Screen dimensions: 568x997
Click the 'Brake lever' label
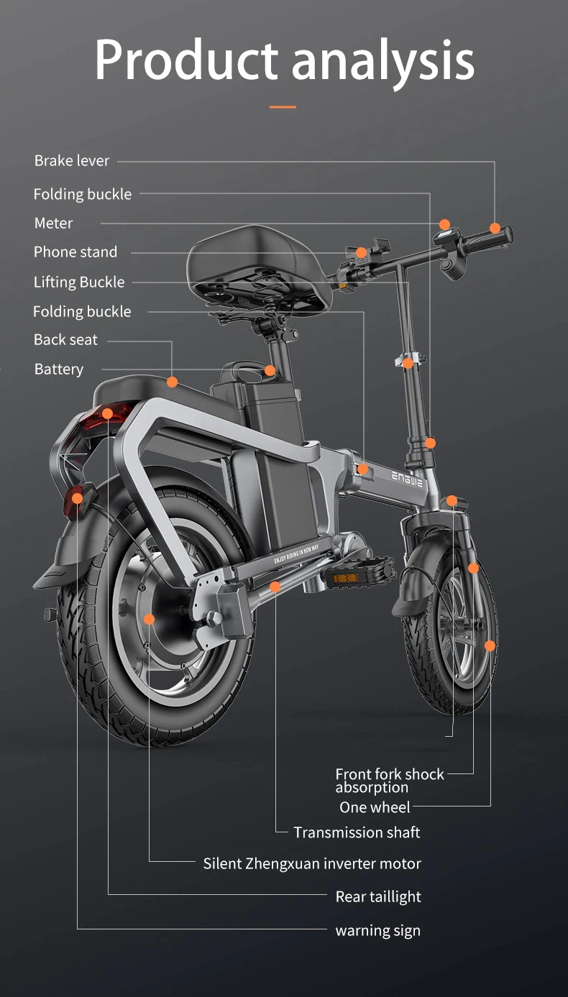click(72, 161)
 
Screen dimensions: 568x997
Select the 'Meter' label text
click(53, 224)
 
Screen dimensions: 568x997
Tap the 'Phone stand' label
click(75, 252)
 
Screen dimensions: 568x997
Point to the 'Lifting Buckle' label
click(79, 282)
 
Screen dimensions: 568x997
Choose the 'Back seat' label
click(65, 340)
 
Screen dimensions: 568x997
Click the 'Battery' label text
click(59, 369)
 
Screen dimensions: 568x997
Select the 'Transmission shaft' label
click(357, 833)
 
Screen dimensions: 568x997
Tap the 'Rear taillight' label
click(378, 897)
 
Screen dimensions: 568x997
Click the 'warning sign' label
click(377, 931)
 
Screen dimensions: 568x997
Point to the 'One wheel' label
click(375, 808)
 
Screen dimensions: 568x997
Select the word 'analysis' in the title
click(383, 61)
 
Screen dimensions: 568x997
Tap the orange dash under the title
click(283, 107)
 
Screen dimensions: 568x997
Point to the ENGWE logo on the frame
click(408, 479)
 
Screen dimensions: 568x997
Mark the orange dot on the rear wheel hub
click(149, 619)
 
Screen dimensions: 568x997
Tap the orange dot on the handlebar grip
click(495, 229)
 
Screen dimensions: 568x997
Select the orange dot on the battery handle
click(270, 371)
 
